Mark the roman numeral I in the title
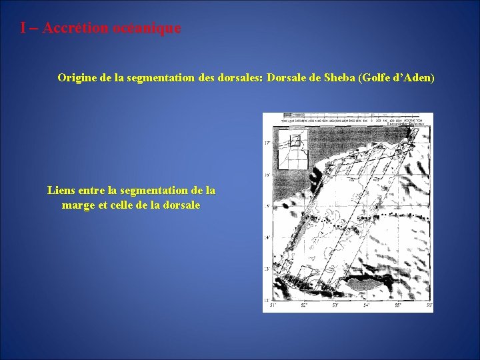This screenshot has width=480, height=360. pyautogui.click(x=23, y=28)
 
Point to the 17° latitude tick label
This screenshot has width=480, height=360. pyautogui.click(x=267, y=143)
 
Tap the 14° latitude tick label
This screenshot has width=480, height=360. pyautogui.click(x=267, y=237)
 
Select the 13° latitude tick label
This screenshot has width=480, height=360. pyautogui.click(x=267, y=269)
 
